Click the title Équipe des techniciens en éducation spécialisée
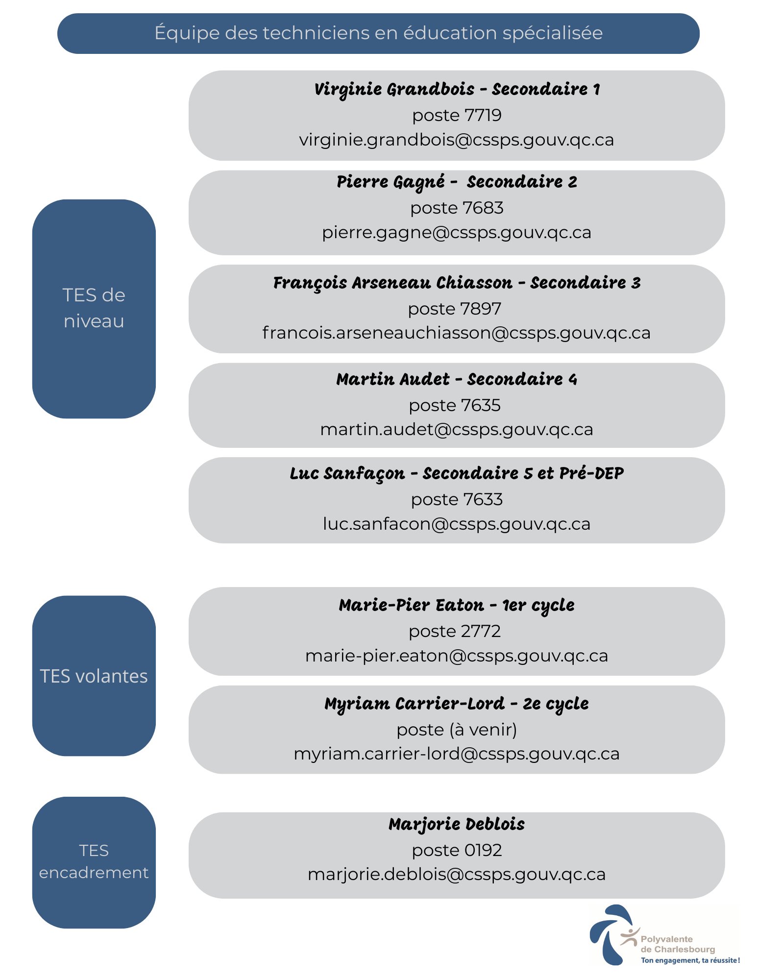click(x=378, y=33)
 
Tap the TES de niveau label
click(x=94, y=308)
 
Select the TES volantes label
click(x=94, y=676)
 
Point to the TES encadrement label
click(x=94, y=861)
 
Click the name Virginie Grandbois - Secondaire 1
click(x=457, y=90)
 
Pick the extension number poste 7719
click(x=457, y=116)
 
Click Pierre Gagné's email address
click(x=457, y=232)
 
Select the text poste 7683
click(x=457, y=208)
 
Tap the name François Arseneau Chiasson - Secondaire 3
click(x=457, y=283)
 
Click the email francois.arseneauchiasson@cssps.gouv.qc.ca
click(x=457, y=333)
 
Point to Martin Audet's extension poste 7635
click(x=455, y=406)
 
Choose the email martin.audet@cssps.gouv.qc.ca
click(x=457, y=429)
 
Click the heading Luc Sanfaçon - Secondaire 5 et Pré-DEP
click(x=457, y=474)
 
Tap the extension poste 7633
click(x=457, y=500)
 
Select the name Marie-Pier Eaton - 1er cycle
click(x=457, y=606)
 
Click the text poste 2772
click(x=455, y=632)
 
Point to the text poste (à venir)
click(x=457, y=730)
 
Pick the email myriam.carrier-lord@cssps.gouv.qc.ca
click(x=457, y=754)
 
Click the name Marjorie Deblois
click(x=457, y=825)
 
